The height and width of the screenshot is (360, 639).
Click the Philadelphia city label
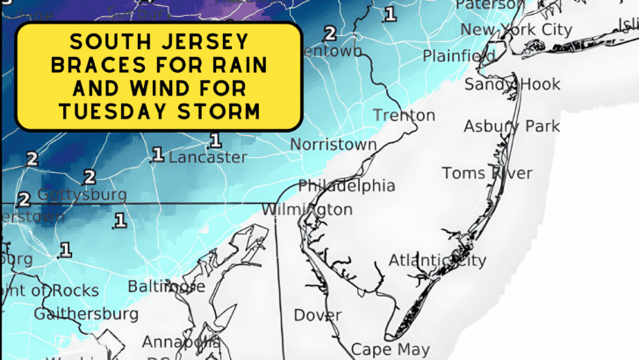tap(346, 186)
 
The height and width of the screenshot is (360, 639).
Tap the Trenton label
tap(404, 116)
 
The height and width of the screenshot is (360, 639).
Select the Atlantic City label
tap(436, 260)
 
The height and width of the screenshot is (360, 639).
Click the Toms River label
tap(486, 173)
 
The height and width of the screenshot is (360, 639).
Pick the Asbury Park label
tap(512, 126)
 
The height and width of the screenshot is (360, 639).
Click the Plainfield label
tap(459, 56)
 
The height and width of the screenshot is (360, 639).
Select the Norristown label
tap(334, 144)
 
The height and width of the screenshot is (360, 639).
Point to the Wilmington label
tap(307, 210)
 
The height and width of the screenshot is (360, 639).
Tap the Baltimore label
tap(167, 286)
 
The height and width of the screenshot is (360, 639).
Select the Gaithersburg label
tap(86, 313)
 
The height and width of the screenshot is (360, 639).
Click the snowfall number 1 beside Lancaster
tap(157, 155)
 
